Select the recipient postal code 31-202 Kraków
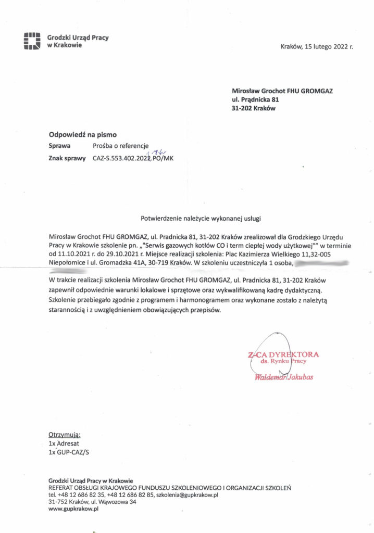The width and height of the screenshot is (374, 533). pos(254,108)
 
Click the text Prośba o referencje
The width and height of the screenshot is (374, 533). pos(121,146)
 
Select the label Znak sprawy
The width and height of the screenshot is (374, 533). pos(67,158)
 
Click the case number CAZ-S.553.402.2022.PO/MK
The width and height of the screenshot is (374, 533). pos(132,158)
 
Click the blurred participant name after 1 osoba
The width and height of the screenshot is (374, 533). pos(321,262)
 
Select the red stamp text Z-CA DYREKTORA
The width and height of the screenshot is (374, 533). pos(284,354)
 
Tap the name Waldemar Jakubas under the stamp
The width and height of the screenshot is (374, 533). pos(284,376)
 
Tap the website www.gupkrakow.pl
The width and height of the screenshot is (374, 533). pos(73,509)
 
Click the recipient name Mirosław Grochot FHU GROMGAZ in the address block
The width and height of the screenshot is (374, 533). pos(282,91)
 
